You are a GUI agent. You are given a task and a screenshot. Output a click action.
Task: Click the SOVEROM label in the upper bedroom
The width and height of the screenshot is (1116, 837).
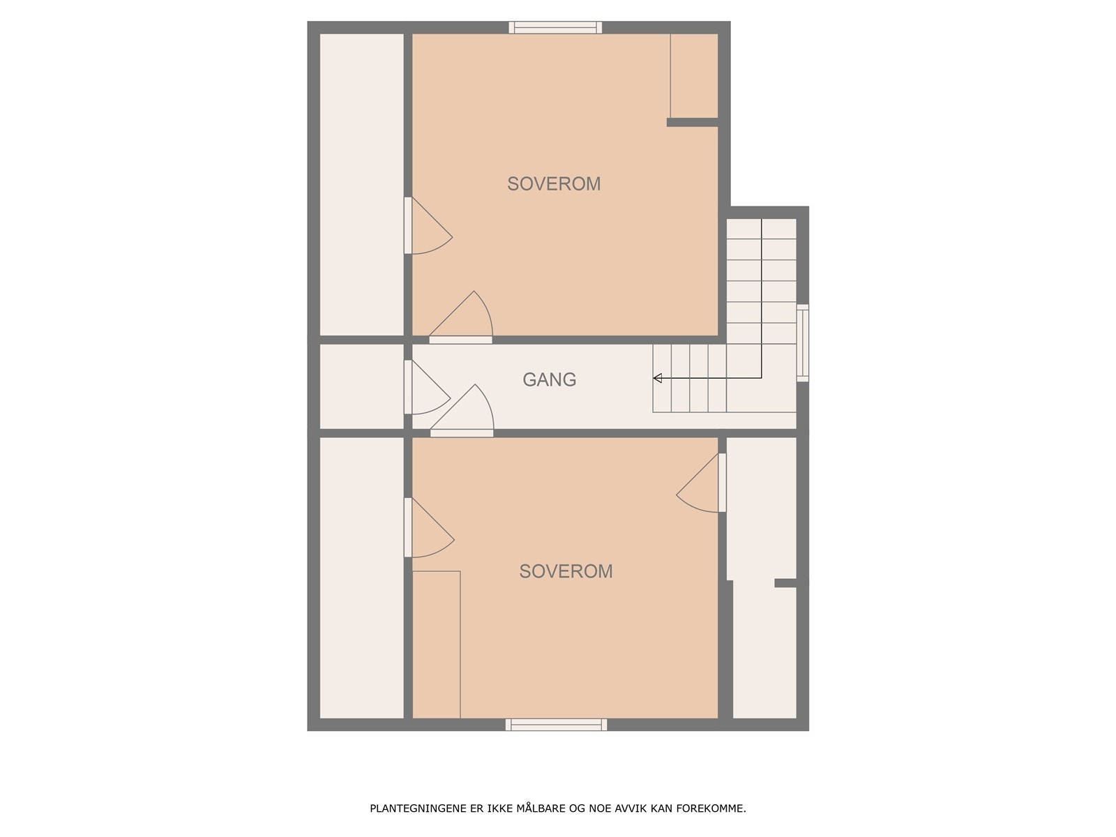coord(554,184)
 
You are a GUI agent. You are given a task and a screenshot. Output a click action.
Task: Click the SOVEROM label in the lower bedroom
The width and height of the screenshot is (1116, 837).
coord(566,571)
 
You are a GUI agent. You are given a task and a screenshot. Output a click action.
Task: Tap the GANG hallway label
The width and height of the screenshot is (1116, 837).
coord(550,379)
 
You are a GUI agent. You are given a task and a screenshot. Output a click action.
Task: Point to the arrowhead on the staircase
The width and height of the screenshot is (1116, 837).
coord(657,378)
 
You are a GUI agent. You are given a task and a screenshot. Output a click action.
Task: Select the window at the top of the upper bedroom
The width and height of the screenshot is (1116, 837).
coord(555,28)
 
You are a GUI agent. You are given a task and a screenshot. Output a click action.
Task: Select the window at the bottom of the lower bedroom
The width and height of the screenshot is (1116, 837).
coord(556,725)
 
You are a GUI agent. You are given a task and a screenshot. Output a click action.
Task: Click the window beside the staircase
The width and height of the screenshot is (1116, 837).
coord(803,342)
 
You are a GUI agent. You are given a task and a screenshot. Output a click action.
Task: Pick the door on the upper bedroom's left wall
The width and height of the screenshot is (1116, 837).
coord(427,226)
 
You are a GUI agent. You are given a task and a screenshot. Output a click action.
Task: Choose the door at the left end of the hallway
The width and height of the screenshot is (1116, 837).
coord(427,388)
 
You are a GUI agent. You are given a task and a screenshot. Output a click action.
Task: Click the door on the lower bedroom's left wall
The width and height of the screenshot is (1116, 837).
coord(428,528)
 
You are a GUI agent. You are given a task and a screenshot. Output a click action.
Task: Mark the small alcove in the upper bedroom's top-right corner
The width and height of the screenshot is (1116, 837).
coord(694,75)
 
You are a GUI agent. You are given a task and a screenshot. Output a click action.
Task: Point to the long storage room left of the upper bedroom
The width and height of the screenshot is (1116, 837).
coord(361,184)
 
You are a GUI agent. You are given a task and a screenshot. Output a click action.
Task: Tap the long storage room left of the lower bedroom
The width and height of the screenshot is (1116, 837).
coord(361,578)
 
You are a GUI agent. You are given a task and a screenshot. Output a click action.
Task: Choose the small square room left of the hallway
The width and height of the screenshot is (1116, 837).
coord(361,386)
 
